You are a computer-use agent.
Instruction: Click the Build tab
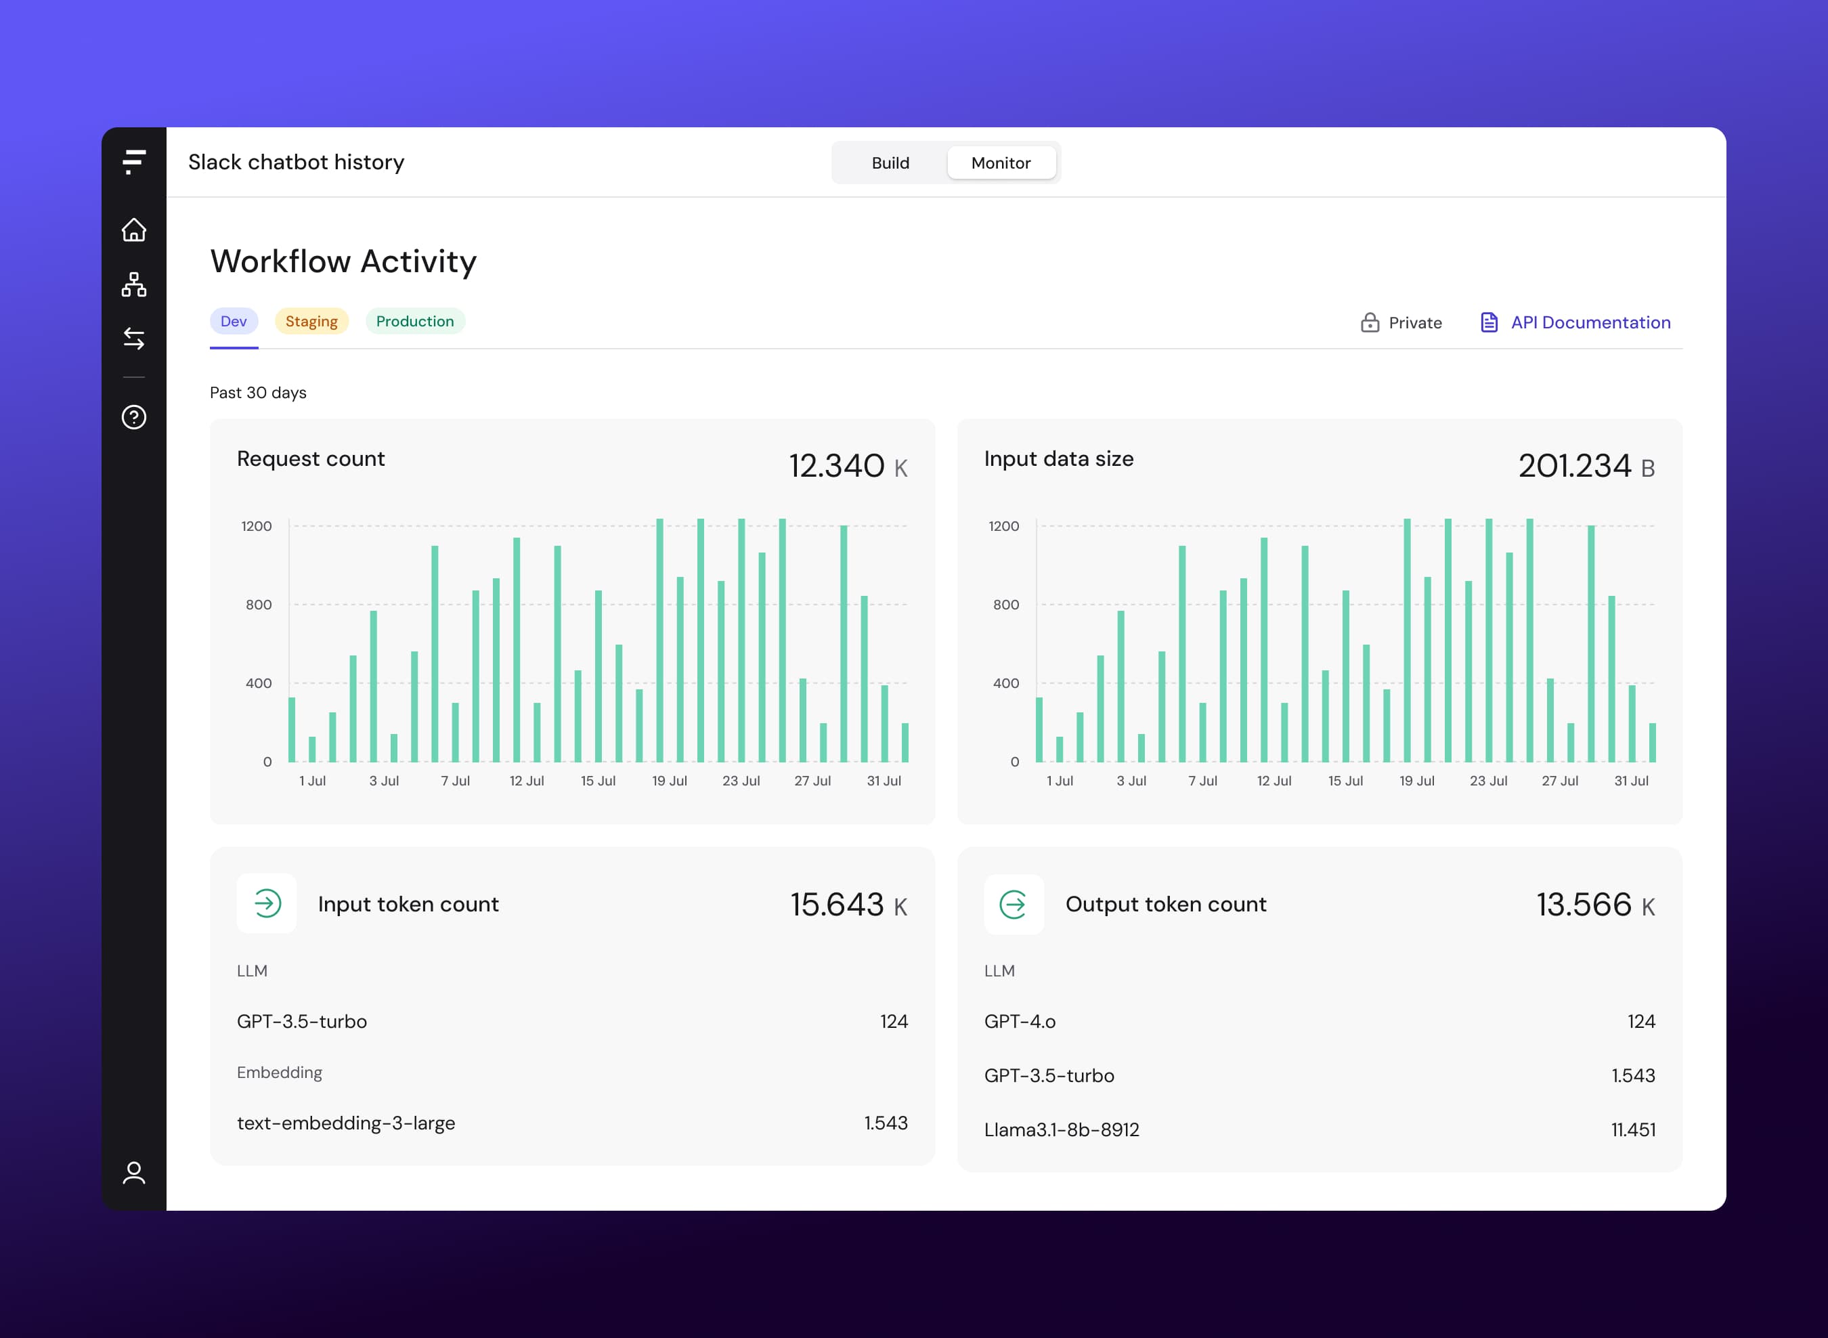tap(890, 163)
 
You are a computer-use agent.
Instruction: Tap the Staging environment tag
tap(311, 322)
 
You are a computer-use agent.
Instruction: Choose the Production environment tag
tap(414, 322)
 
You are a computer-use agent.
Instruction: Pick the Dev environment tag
tap(234, 322)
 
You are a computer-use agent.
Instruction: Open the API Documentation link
tap(1589, 322)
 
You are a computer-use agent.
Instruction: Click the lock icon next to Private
tap(1370, 322)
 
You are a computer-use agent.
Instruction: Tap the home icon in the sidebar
tap(133, 230)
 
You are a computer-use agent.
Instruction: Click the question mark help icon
tap(133, 417)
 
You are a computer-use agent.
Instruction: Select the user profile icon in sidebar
tap(133, 1173)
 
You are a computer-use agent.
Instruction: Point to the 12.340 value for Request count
tap(836, 466)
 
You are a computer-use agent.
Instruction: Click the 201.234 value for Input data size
tap(1573, 466)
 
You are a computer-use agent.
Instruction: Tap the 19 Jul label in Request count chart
tap(669, 781)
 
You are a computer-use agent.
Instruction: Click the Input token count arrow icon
tap(267, 903)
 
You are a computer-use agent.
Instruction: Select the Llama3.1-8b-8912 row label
tap(1061, 1130)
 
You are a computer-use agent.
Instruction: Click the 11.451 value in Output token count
tap(1633, 1130)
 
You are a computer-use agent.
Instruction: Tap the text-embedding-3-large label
tap(346, 1123)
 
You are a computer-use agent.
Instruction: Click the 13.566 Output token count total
tap(1584, 905)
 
